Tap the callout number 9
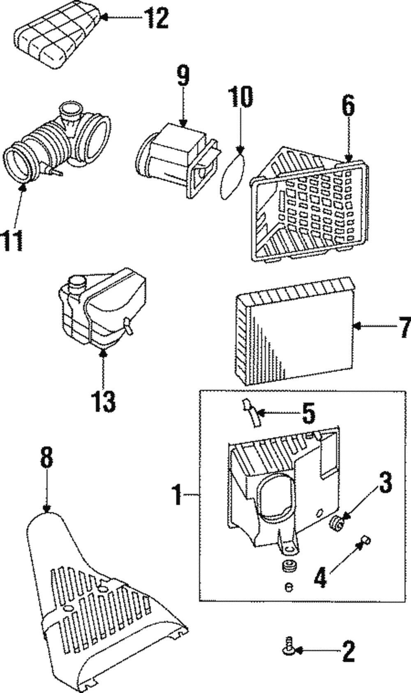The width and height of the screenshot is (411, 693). [x=183, y=76]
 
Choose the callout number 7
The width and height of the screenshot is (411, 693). [x=405, y=327]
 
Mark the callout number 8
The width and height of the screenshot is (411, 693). [x=46, y=458]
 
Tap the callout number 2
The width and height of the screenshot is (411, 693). [x=348, y=651]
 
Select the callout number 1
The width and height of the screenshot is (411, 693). [x=177, y=495]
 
